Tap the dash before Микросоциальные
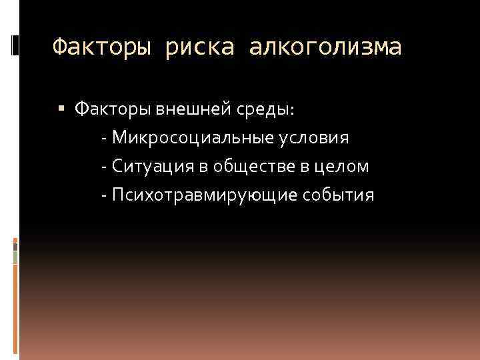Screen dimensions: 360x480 click(105, 138)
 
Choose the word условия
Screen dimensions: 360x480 click(313, 137)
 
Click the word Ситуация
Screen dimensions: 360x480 click(152, 166)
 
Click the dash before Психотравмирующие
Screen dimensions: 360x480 click(105, 195)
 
